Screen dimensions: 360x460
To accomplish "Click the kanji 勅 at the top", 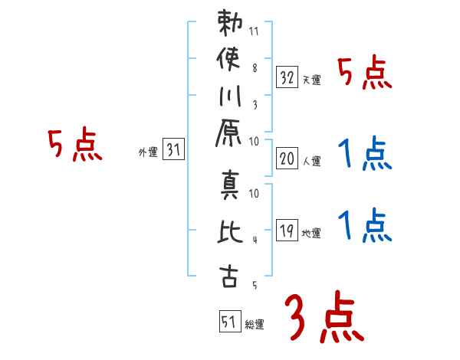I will point(228,25).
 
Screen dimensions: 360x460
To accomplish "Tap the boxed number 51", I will point(228,321).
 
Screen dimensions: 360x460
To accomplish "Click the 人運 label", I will point(311,161).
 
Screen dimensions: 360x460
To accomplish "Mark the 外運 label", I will point(147,152).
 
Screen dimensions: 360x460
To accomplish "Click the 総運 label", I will point(255,324).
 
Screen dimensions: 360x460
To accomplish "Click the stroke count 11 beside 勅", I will point(255,32).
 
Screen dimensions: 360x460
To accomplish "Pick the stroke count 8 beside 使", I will point(255,67).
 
